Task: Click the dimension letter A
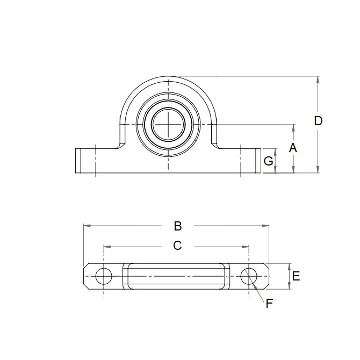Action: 293,148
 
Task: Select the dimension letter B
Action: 178,226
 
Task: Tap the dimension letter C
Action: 177,246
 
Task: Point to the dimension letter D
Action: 318,121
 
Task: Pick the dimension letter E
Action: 296,277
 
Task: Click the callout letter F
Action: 269,304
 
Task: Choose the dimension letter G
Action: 269,161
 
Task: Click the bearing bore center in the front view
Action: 169,125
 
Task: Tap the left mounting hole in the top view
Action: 103,276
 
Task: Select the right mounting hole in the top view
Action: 249,276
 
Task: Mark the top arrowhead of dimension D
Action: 318,80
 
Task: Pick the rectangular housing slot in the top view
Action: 174,276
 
